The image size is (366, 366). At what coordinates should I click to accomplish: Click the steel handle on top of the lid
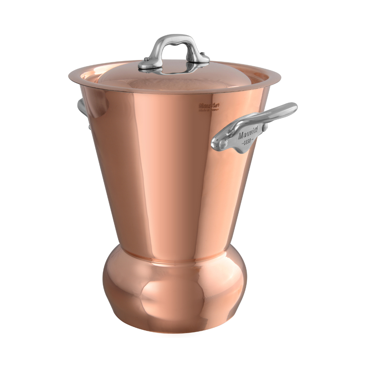click(x=173, y=40)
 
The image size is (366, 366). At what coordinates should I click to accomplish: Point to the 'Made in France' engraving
click(x=208, y=109)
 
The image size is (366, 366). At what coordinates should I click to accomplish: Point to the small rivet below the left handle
click(x=89, y=127)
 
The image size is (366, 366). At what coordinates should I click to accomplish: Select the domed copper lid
click(x=172, y=79)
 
